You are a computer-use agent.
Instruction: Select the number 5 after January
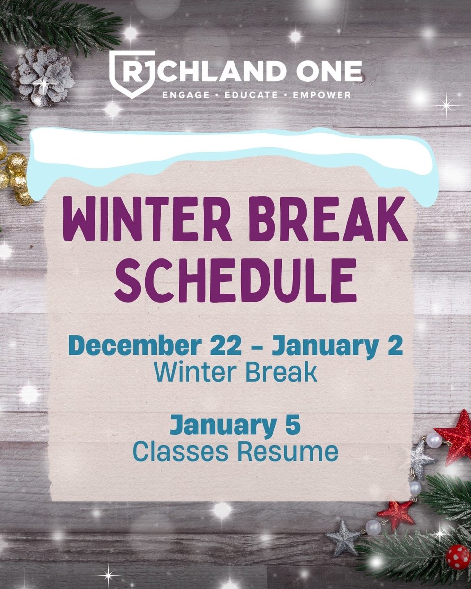point(293,425)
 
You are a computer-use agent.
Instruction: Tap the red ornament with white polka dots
point(457,557)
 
